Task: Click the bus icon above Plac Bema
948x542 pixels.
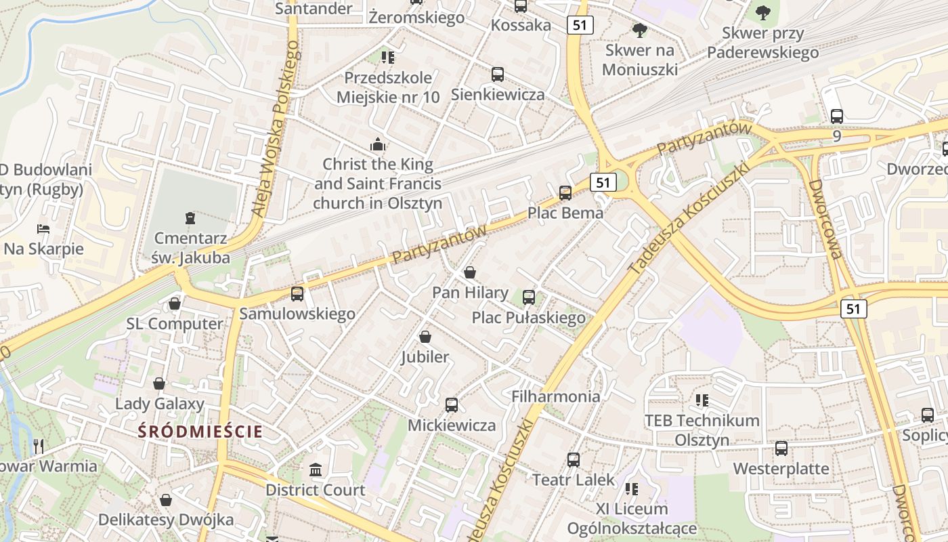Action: click(565, 193)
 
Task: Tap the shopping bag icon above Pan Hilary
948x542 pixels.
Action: click(470, 272)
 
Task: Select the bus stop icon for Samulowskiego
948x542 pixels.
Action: click(297, 294)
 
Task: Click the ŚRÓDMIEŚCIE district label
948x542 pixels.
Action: click(200, 431)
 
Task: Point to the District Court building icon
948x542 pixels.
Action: click(316, 470)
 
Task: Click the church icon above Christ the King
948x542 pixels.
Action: click(378, 144)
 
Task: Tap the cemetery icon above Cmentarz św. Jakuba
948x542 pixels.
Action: click(190, 218)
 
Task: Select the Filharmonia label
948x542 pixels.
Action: click(556, 396)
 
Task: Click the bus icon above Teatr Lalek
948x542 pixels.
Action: click(574, 460)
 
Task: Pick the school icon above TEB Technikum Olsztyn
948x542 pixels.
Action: click(702, 400)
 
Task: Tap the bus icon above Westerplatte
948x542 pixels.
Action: click(781, 449)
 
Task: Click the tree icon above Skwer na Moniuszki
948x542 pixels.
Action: click(639, 30)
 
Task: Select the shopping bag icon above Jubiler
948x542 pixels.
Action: click(425, 337)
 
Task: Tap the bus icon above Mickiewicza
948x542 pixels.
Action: click(452, 405)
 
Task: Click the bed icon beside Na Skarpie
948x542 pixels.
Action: click(43, 229)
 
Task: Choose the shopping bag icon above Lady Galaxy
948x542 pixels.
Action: click(159, 384)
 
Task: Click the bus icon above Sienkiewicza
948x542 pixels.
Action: click(498, 75)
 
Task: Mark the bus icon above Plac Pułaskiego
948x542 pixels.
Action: click(529, 297)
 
